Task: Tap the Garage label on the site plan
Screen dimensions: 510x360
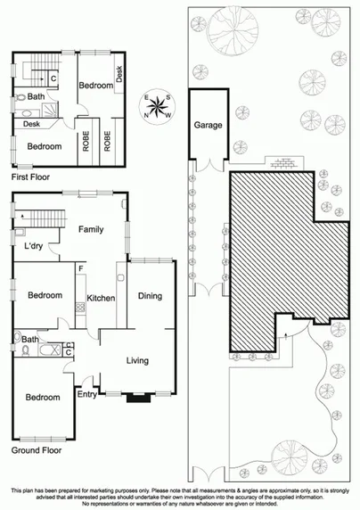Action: [208, 126]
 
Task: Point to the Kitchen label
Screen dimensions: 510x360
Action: [101, 299]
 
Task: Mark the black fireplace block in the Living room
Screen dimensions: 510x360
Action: [138, 398]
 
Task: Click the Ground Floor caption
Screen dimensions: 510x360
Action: [37, 451]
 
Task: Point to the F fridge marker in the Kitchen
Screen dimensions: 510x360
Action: [81, 268]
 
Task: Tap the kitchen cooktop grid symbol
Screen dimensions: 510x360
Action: [79, 308]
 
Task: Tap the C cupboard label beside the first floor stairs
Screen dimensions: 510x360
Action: [53, 78]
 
